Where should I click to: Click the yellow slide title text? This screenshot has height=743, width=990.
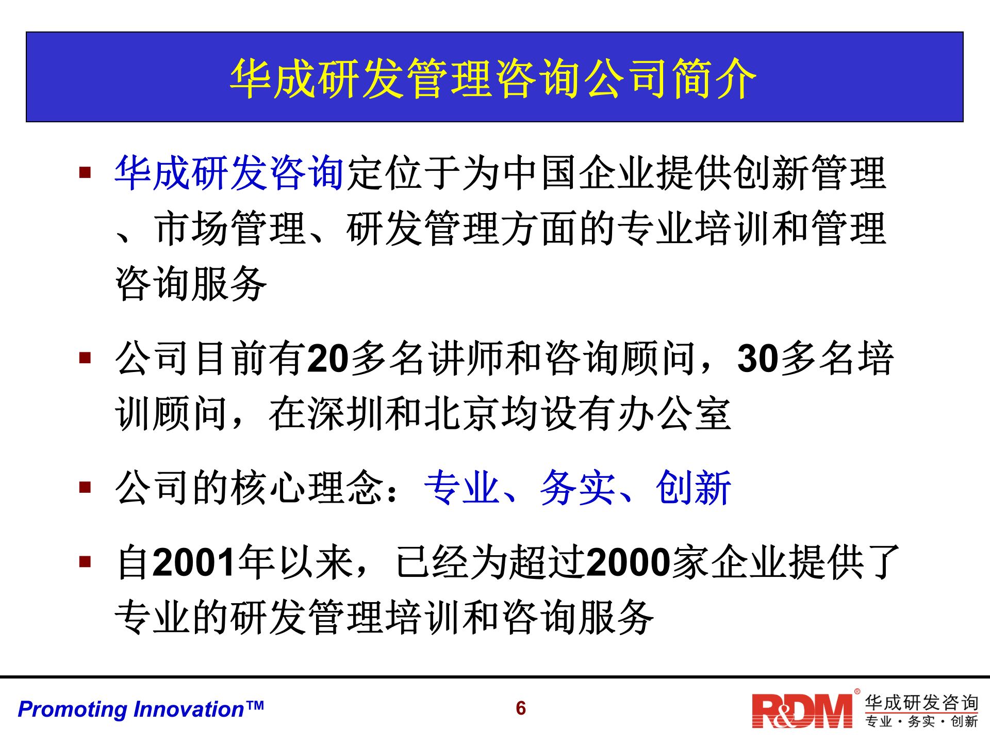(x=493, y=78)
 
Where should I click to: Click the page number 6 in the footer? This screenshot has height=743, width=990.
(x=521, y=708)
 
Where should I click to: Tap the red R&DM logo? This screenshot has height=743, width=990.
(x=802, y=711)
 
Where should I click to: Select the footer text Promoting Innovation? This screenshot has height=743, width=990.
(x=140, y=709)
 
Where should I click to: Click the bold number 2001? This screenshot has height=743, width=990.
(x=194, y=562)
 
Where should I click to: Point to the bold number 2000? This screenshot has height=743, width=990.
(x=628, y=562)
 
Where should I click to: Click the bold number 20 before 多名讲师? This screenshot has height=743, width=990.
(x=328, y=359)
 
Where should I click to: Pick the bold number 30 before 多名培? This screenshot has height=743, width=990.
(x=758, y=359)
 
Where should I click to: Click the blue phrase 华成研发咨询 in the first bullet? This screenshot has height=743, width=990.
(x=229, y=173)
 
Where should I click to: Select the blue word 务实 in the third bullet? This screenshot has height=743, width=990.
(x=577, y=488)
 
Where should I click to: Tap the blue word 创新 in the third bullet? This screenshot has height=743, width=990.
(x=694, y=488)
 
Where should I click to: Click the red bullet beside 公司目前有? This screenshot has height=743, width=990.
(x=85, y=358)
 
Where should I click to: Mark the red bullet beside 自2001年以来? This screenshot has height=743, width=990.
(x=85, y=561)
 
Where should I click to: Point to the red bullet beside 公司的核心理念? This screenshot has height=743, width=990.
(x=85, y=487)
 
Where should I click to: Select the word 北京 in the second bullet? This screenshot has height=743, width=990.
(x=461, y=414)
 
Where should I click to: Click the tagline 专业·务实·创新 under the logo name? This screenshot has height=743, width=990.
(x=921, y=721)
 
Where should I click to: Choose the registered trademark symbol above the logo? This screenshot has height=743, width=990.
(x=857, y=691)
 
